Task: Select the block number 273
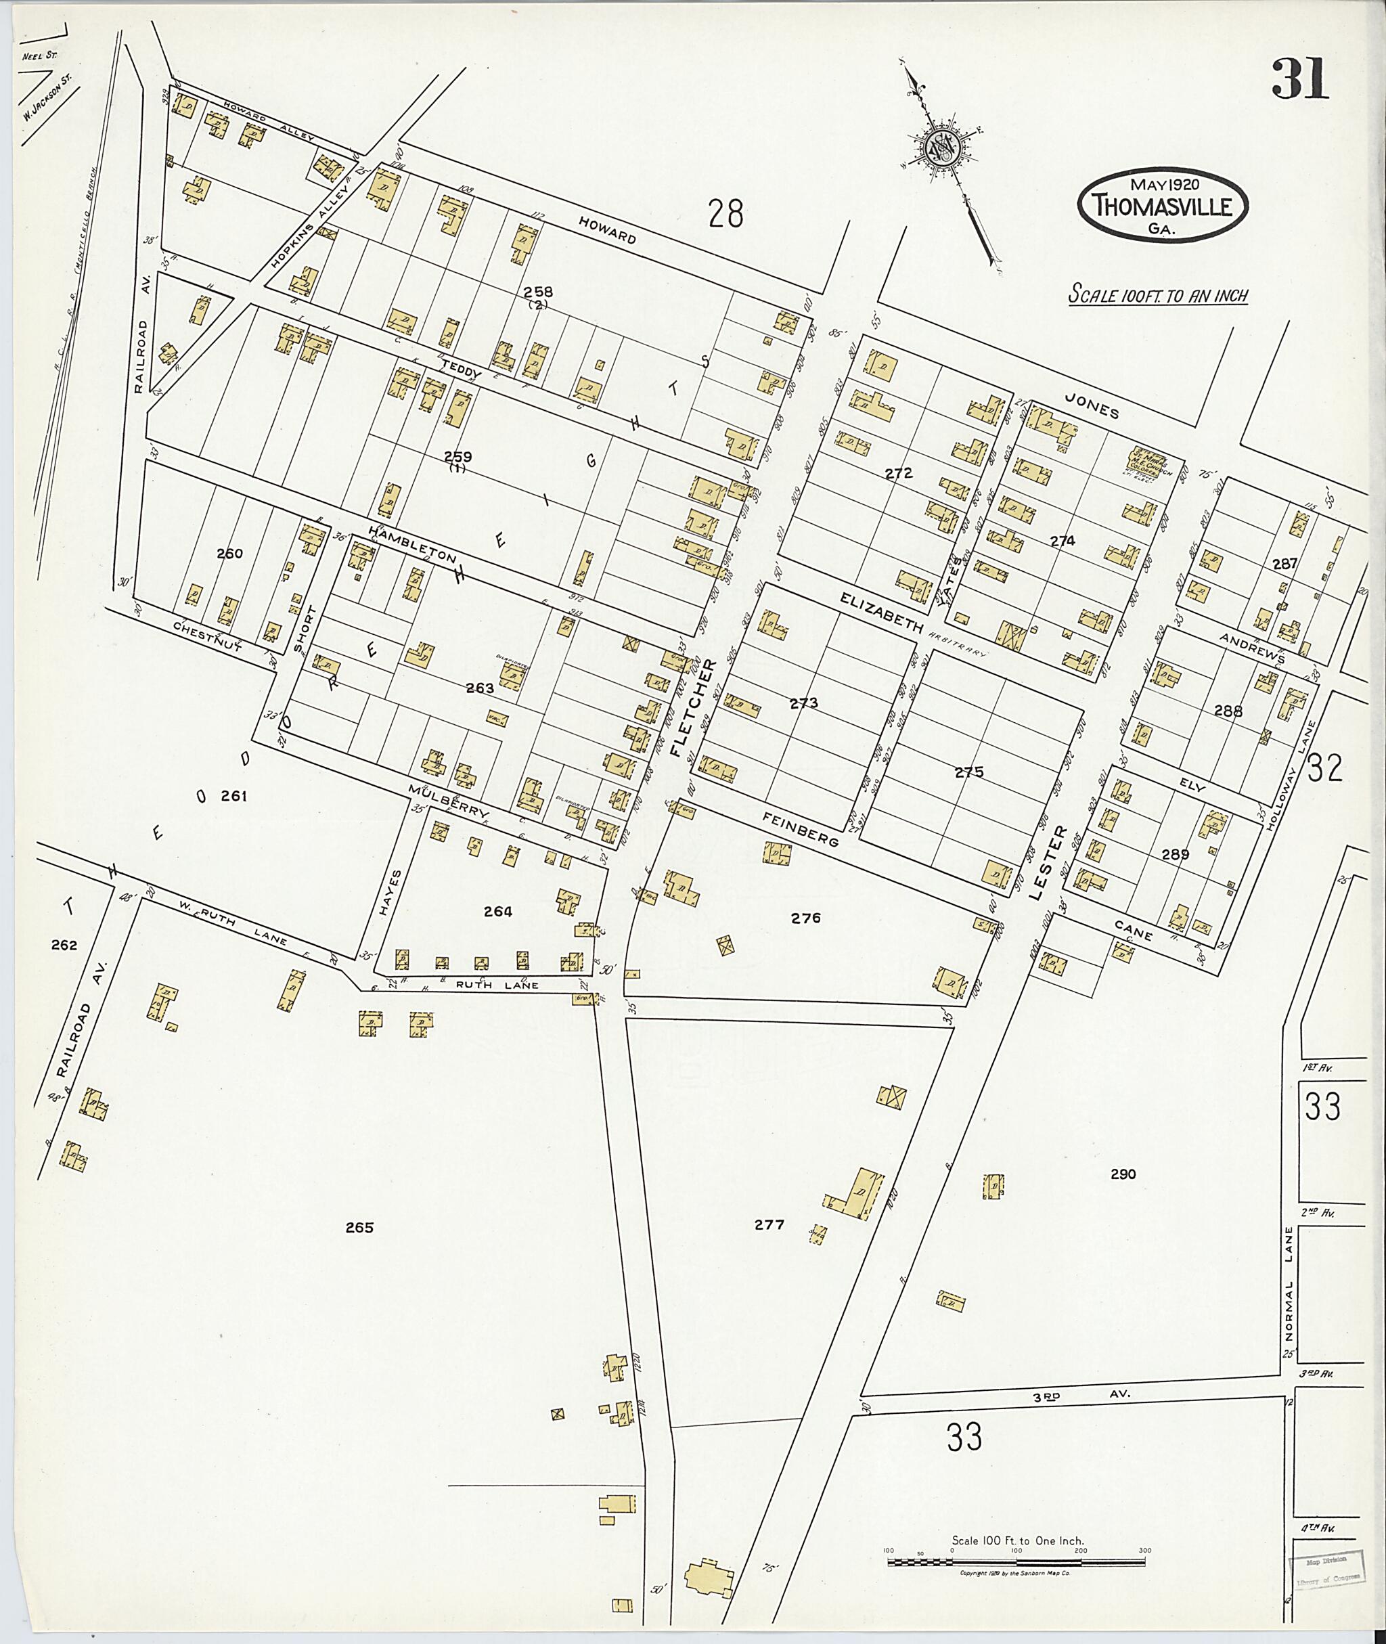point(804,703)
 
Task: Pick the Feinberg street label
point(801,829)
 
